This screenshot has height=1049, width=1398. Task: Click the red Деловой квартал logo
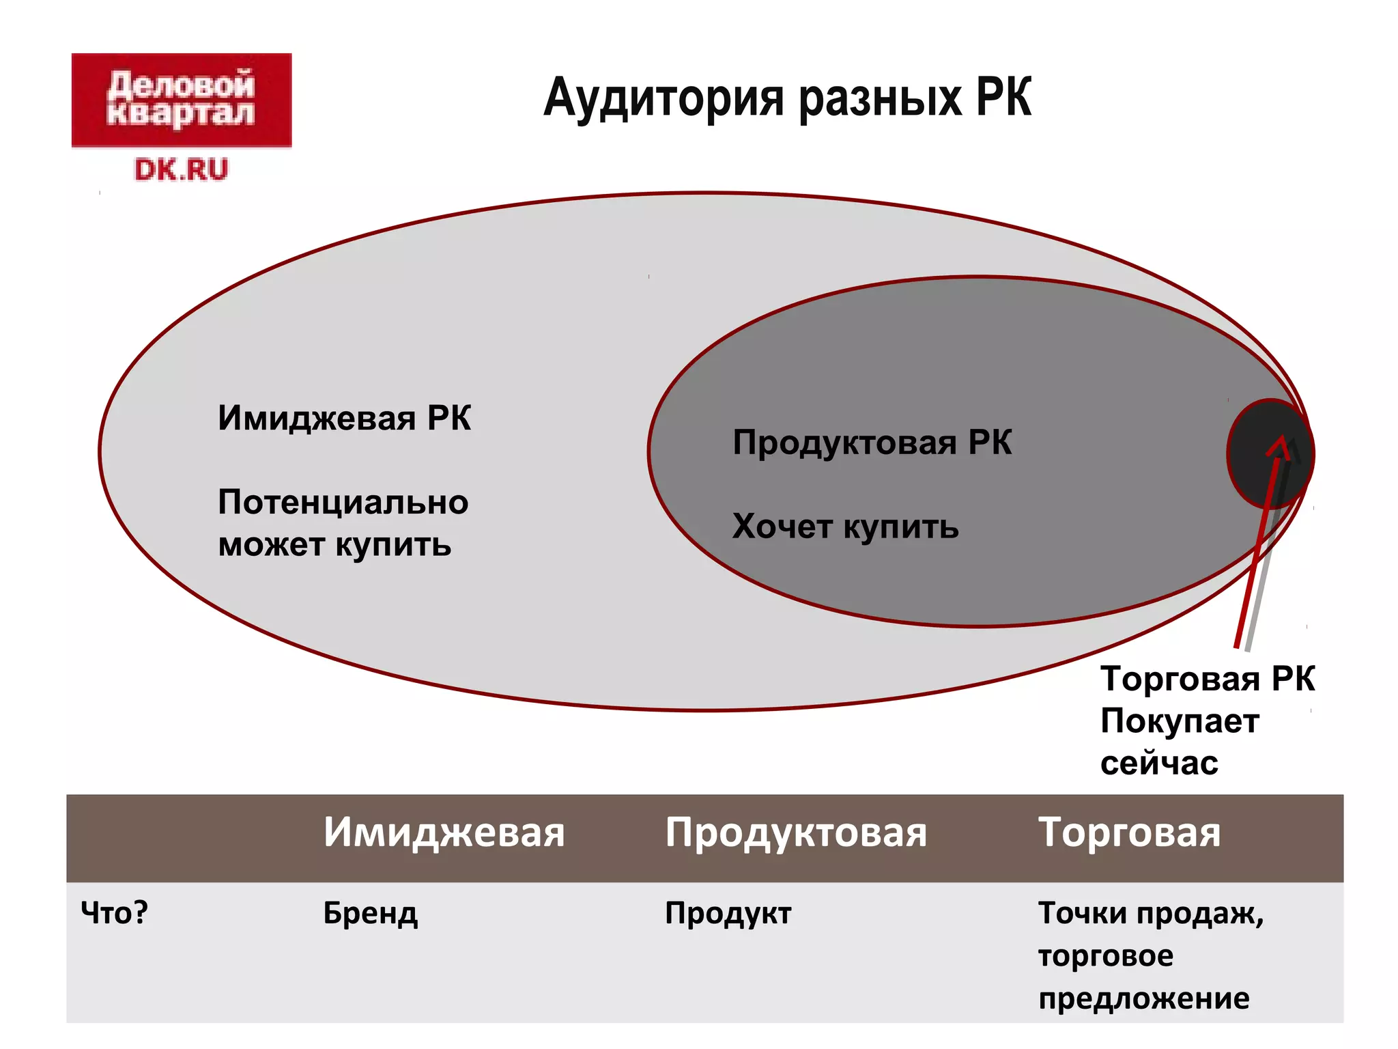click(x=182, y=100)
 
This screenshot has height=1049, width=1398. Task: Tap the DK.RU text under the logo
click(x=181, y=169)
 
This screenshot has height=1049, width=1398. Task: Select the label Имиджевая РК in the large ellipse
click(x=344, y=418)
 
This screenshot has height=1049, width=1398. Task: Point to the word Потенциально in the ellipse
click(x=343, y=503)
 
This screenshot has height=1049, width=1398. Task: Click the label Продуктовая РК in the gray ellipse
click(x=872, y=443)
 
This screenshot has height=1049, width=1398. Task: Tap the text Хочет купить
click(x=845, y=527)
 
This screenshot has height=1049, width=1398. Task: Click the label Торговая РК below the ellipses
click(x=1208, y=679)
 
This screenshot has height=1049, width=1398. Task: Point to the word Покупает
click(x=1180, y=721)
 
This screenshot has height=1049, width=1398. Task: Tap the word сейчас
click(x=1159, y=764)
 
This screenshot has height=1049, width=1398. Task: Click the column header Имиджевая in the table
click(x=444, y=833)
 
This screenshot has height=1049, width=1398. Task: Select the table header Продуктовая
click(x=796, y=833)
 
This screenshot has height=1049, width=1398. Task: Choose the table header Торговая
click(x=1129, y=833)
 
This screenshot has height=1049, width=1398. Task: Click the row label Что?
click(x=114, y=912)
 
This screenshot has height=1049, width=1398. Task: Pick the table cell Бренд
click(x=370, y=913)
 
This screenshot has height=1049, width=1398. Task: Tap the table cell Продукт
click(x=728, y=913)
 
